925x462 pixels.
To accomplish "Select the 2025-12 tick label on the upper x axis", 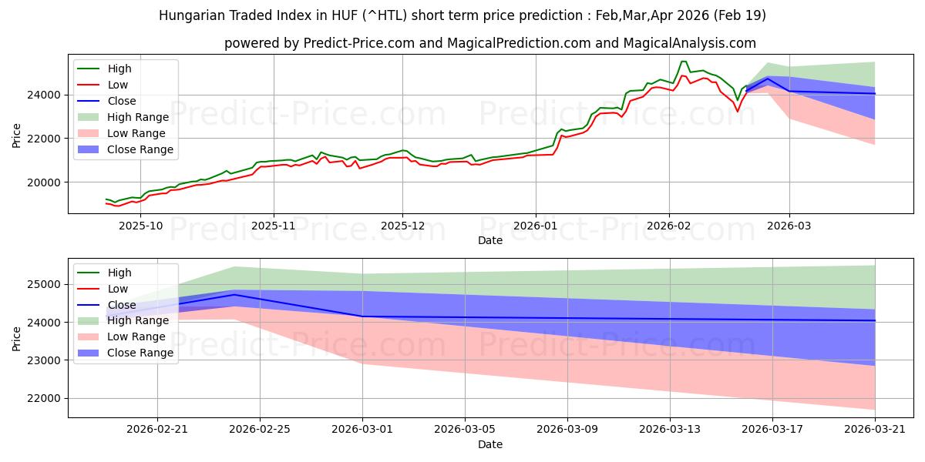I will [x=402, y=226].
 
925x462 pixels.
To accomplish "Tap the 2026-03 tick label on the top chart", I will [x=789, y=226].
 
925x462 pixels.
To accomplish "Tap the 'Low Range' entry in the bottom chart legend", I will [x=136, y=336].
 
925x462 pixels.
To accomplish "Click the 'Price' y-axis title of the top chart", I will [x=17, y=136].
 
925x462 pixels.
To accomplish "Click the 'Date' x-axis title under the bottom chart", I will [x=490, y=444].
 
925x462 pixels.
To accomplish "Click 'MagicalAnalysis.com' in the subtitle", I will [x=692, y=43].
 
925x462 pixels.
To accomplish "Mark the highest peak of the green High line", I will [x=683, y=62].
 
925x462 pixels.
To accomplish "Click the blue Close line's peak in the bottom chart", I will [x=234, y=295].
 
